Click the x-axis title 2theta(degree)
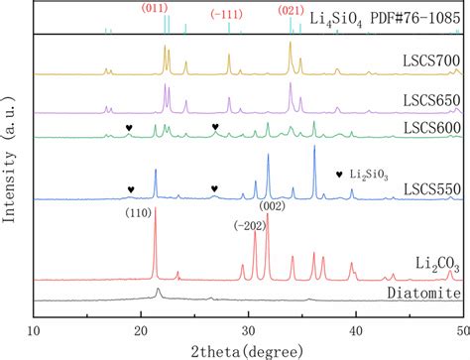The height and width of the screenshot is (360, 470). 246,344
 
